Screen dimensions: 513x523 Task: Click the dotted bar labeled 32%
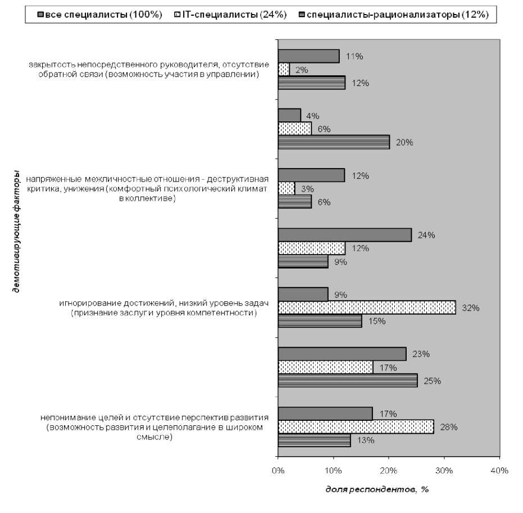[x=367, y=308]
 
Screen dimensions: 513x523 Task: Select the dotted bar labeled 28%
[x=356, y=427]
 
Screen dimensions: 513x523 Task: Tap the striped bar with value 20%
[x=334, y=143]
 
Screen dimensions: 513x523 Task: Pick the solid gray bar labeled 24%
[x=345, y=235]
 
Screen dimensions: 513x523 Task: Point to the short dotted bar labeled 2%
[x=284, y=70]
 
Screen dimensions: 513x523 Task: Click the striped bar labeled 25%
[x=348, y=381]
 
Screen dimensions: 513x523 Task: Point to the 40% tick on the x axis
[x=499, y=470]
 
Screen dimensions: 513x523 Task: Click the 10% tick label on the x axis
[x=333, y=470]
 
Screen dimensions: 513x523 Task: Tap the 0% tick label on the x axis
[x=278, y=470]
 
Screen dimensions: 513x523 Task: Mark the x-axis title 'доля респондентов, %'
[x=377, y=489]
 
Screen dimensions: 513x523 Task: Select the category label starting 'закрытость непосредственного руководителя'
[x=149, y=70]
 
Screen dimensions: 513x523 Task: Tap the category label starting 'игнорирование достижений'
[x=164, y=308]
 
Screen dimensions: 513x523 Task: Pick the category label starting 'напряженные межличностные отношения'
[x=149, y=189]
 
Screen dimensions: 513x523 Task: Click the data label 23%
[x=421, y=354]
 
